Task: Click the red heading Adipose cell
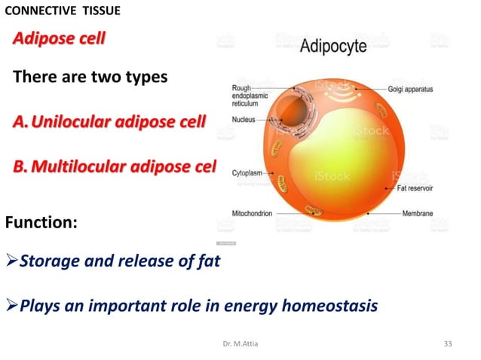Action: [x=58, y=39]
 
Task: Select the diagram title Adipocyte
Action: [x=333, y=46]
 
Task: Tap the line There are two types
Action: [x=90, y=77]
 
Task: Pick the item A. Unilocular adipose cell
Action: [x=109, y=122]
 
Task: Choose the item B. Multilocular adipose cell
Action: [x=114, y=166]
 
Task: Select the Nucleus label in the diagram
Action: [x=244, y=119]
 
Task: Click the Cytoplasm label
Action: [x=247, y=172]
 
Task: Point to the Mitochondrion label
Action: [x=252, y=214]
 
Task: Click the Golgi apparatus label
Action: [x=412, y=89]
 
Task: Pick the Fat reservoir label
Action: [x=414, y=188]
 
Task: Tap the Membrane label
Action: [x=417, y=214]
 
